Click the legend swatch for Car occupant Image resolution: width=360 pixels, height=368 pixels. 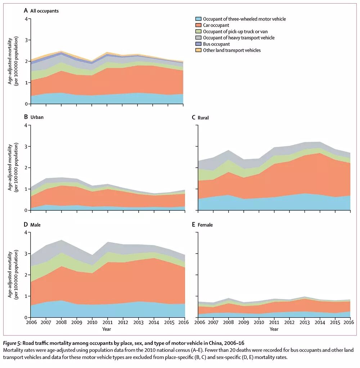198,25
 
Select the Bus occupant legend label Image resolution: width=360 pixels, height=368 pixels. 216,44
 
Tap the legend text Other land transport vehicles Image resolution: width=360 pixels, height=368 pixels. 232,50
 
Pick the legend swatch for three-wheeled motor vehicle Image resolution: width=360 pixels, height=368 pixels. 198,19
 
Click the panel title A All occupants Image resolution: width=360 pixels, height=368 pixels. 41,11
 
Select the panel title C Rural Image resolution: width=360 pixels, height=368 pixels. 201,118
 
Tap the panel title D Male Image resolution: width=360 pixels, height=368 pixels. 32,225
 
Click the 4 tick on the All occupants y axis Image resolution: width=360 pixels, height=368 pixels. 26,19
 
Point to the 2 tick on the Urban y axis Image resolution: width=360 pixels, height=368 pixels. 26,168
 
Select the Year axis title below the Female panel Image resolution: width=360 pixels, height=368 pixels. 274,329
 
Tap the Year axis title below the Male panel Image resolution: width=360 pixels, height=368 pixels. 106,329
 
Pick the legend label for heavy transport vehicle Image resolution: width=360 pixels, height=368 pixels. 239,38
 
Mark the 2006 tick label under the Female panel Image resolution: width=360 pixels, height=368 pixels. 199,322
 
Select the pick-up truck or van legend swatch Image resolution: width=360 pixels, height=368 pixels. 198,32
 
